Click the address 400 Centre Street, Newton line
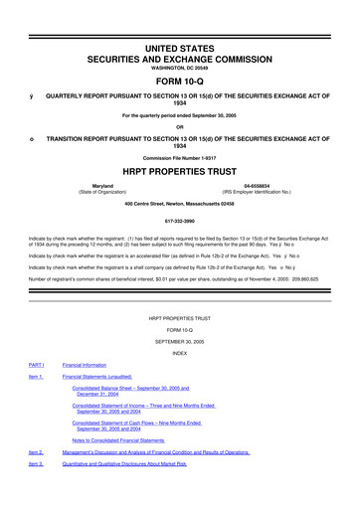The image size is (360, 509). click(x=180, y=204)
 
